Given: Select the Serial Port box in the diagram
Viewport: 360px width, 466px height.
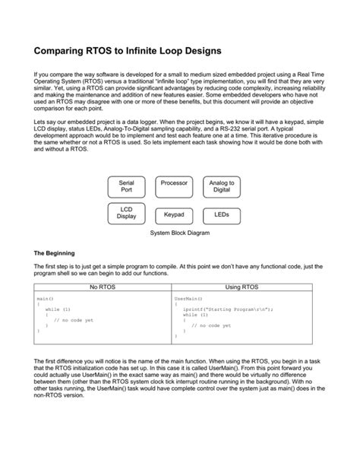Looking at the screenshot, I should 127,187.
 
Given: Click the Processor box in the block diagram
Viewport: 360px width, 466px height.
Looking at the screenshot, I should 174,183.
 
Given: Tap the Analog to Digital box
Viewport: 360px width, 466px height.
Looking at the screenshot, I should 222,187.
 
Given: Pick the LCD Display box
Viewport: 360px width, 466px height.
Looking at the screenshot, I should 127,214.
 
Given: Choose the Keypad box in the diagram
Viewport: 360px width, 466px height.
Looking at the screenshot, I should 174,215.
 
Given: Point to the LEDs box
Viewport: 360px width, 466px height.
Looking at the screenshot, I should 222,215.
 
